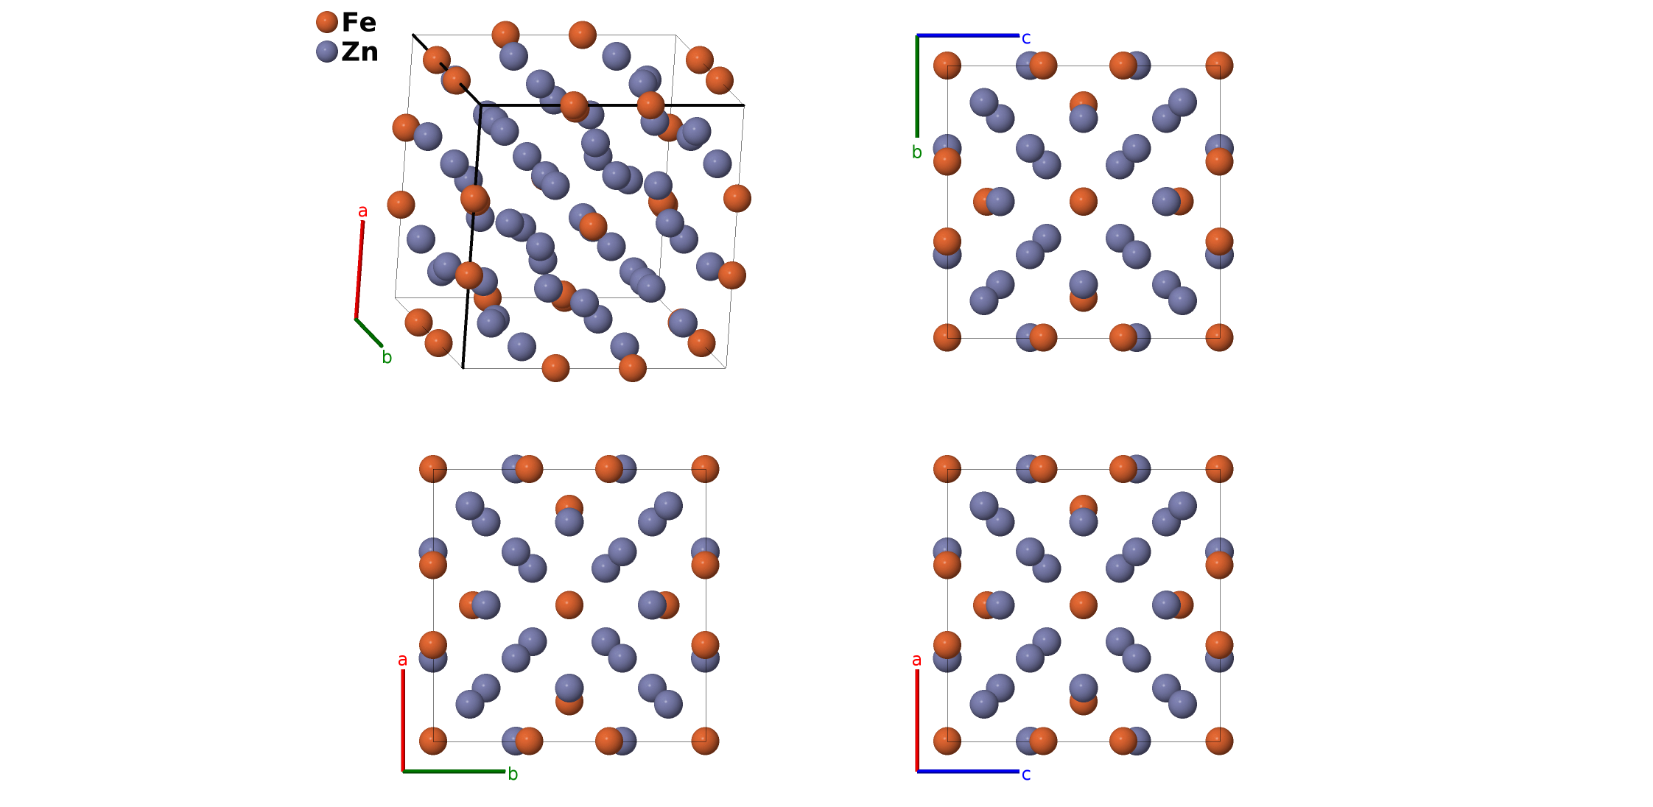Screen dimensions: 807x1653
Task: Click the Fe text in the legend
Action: coord(359,22)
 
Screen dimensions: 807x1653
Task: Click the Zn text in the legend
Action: coord(359,52)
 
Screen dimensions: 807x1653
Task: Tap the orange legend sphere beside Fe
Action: coord(326,22)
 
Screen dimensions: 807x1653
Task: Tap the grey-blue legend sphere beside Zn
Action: coord(326,52)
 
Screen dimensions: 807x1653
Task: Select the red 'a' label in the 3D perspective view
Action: coord(362,211)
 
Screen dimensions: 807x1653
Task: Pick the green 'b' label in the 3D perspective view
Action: coord(387,358)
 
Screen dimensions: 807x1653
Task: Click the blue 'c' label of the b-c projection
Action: coord(1026,38)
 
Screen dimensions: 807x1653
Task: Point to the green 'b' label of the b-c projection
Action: coord(916,152)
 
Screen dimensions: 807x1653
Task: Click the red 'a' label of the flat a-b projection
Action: coord(402,660)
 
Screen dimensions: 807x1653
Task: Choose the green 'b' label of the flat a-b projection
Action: coord(513,775)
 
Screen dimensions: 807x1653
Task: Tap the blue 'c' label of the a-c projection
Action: coord(1026,775)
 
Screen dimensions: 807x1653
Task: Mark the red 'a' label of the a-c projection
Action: coord(916,660)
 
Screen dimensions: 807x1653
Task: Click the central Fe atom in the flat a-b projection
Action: coord(569,605)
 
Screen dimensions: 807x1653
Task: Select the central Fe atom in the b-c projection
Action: coord(1083,201)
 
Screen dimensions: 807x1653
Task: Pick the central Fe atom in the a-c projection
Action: coord(1083,605)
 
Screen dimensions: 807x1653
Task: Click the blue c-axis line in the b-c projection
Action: coord(968,35)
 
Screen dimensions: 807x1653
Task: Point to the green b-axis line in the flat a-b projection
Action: coord(454,771)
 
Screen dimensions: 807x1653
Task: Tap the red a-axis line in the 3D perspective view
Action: coord(359,269)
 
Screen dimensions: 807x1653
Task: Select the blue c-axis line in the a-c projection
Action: coord(968,771)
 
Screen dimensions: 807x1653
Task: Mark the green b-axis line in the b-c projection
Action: coord(917,86)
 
